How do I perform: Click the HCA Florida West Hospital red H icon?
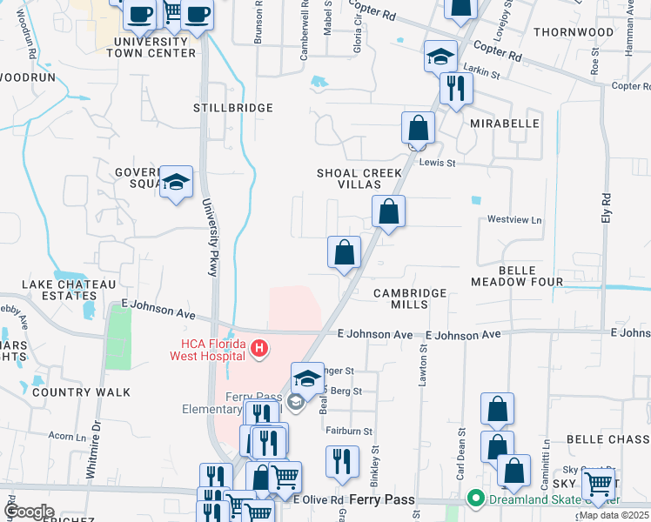pyautogui.click(x=258, y=350)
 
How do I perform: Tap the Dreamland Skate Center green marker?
pyautogui.click(x=475, y=499)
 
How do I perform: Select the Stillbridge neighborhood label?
pyautogui.click(x=233, y=108)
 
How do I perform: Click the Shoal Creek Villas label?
pyautogui.click(x=359, y=178)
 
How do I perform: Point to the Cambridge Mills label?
pyautogui.click(x=410, y=299)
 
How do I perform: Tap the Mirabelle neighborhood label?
pyautogui.click(x=505, y=124)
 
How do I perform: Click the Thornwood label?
pyautogui.click(x=574, y=32)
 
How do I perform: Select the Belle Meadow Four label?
pyautogui.click(x=517, y=276)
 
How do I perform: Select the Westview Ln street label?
pyautogui.click(x=513, y=219)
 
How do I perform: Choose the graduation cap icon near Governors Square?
pyautogui.click(x=176, y=183)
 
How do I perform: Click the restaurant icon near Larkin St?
pyautogui.click(x=455, y=88)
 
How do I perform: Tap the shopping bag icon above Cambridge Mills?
pyautogui.click(x=345, y=253)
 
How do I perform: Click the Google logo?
pyautogui.click(x=30, y=512)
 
